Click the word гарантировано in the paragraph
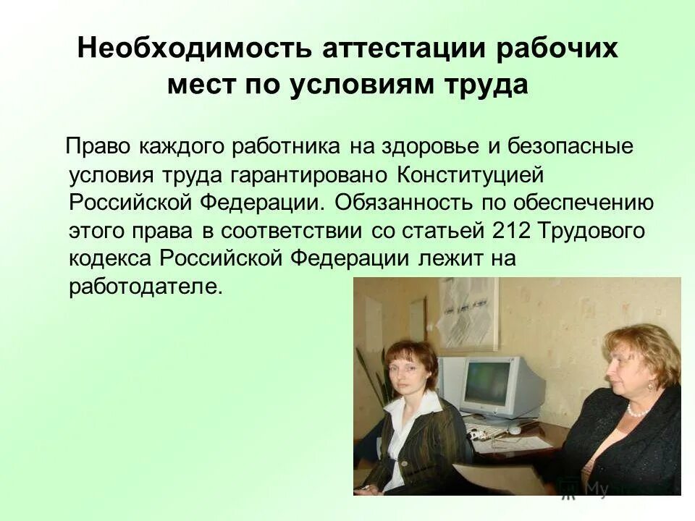(312, 174)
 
